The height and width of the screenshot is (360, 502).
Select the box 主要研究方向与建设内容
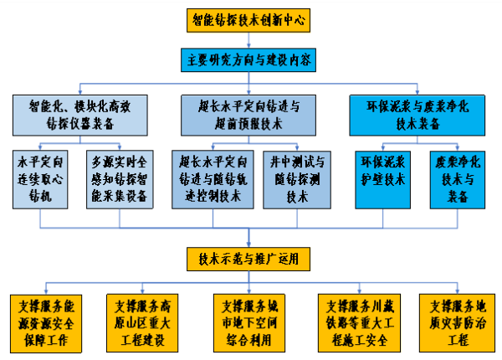click(x=248, y=59)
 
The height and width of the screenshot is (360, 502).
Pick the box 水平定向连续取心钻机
click(x=40, y=178)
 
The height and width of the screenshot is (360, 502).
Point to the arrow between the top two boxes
click(x=248, y=40)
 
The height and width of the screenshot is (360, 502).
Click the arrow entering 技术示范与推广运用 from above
click(x=248, y=236)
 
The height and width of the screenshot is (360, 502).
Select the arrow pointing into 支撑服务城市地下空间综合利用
click(x=248, y=285)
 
